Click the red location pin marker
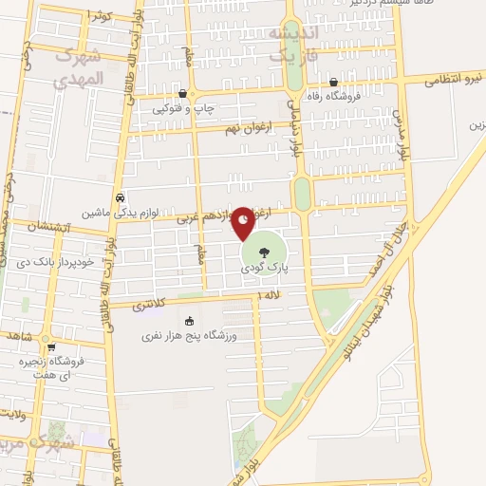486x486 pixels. pyautogui.click(x=243, y=222)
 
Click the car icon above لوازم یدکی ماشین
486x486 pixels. pyautogui.click(x=120, y=197)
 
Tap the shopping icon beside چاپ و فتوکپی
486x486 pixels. pyautogui.click(x=183, y=93)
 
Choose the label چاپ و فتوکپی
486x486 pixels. pyautogui.click(x=183, y=108)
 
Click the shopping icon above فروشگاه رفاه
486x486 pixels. pyautogui.click(x=334, y=82)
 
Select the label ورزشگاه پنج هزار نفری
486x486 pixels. pyautogui.click(x=190, y=335)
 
